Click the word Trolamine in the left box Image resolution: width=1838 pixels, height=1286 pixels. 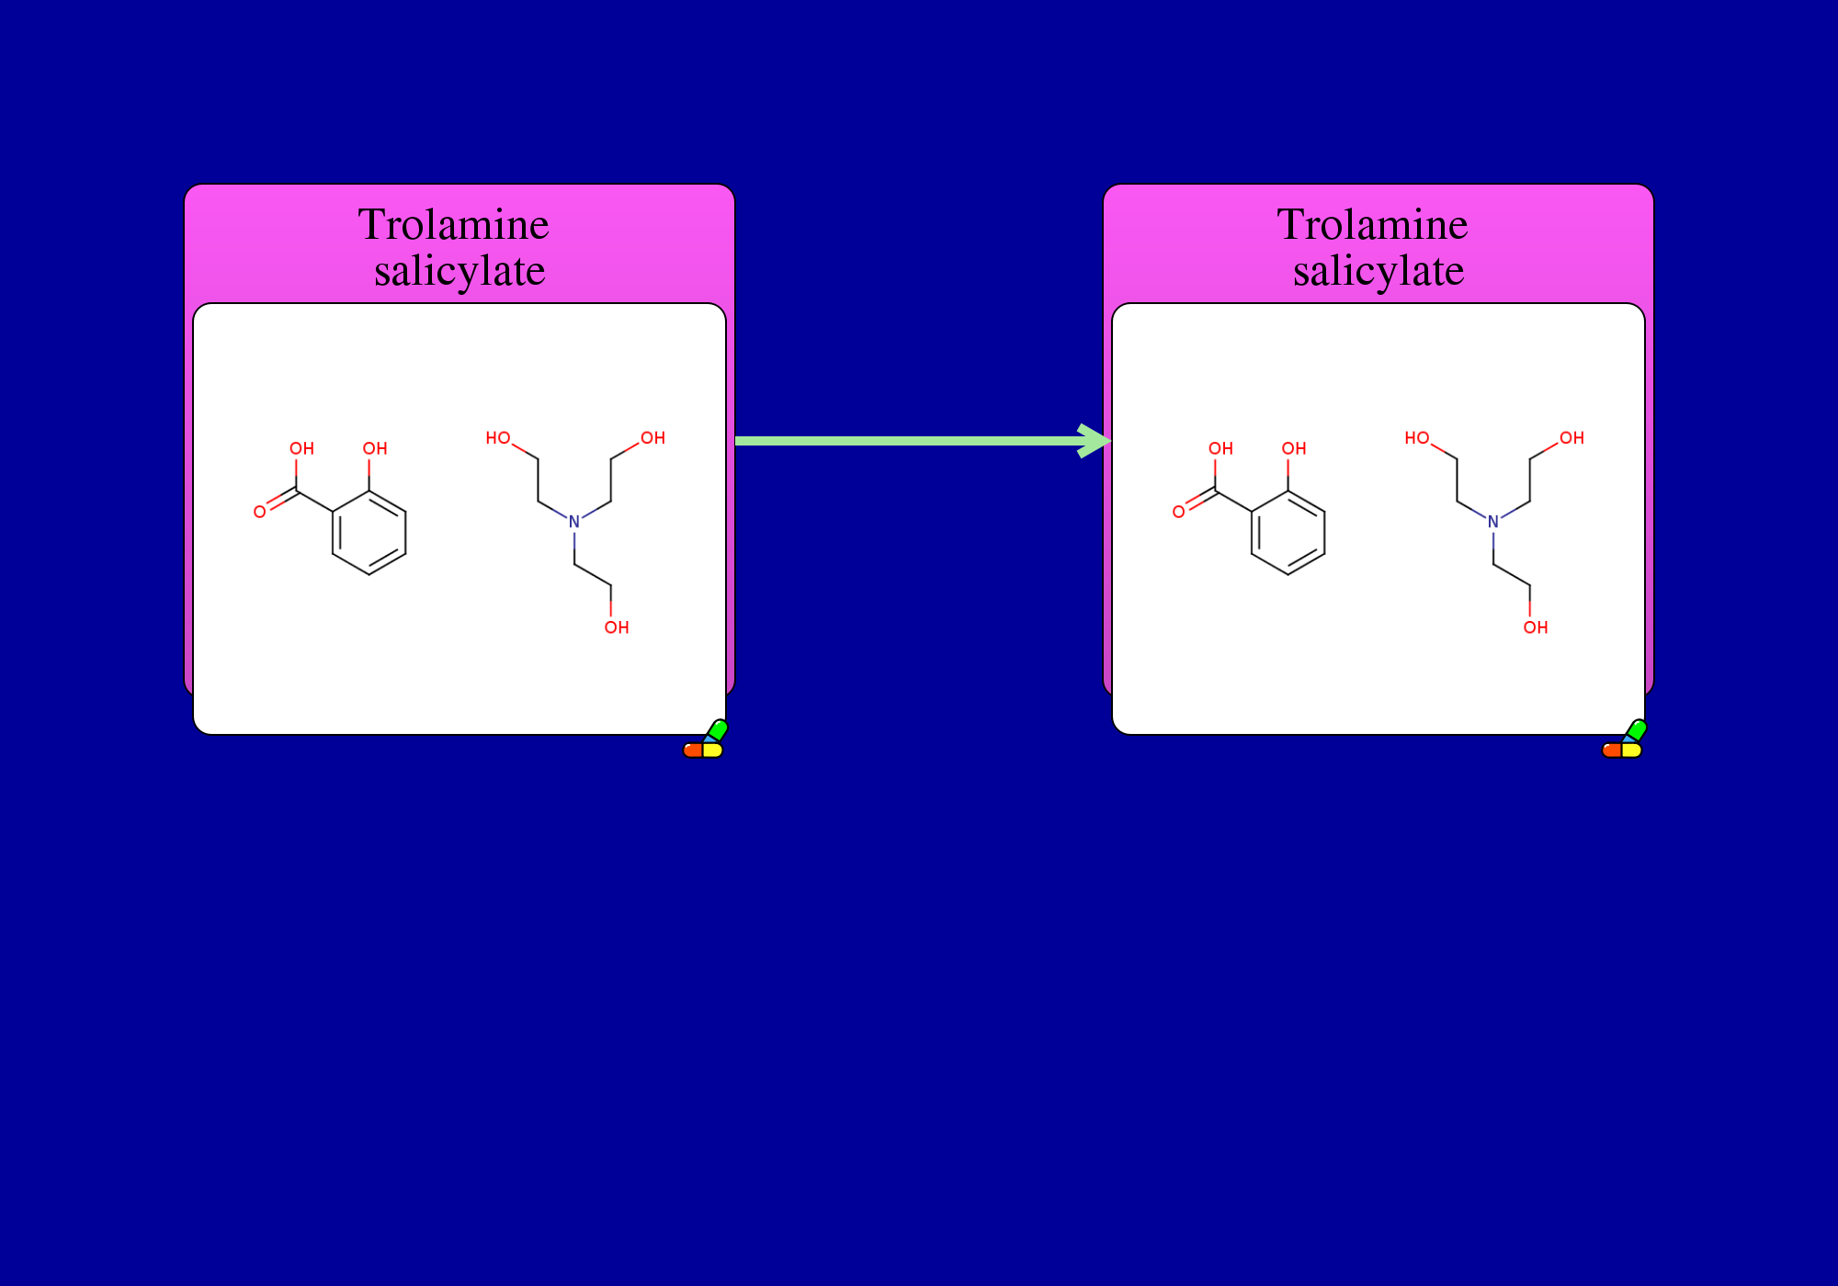(454, 225)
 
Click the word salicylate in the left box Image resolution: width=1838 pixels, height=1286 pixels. (459, 272)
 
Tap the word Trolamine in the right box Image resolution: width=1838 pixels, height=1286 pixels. (1373, 225)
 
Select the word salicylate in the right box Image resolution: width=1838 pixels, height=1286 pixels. (1378, 272)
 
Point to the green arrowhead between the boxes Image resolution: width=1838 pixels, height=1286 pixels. (1095, 441)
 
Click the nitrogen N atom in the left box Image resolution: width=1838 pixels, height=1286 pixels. (574, 522)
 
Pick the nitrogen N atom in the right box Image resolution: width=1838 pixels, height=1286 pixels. (1493, 522)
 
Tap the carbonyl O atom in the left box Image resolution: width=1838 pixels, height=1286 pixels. (260, 512)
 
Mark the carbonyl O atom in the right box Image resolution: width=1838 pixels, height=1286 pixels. (1179, 512)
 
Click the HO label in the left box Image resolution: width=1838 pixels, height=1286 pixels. (498, 438)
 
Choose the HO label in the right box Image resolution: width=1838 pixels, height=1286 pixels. (1417, 438)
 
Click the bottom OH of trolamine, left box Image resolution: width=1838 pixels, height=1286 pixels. (617, 627)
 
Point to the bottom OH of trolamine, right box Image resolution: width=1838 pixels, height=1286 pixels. (1536, 627)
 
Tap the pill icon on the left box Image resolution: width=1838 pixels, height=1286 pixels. (706, 740)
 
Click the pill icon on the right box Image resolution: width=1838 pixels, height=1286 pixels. (1625, 740)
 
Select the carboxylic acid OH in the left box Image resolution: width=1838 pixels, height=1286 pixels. (302, 448)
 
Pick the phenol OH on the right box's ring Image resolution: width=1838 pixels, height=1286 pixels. (1294, 448)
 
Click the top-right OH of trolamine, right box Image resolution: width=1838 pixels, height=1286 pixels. (1572, 438)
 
